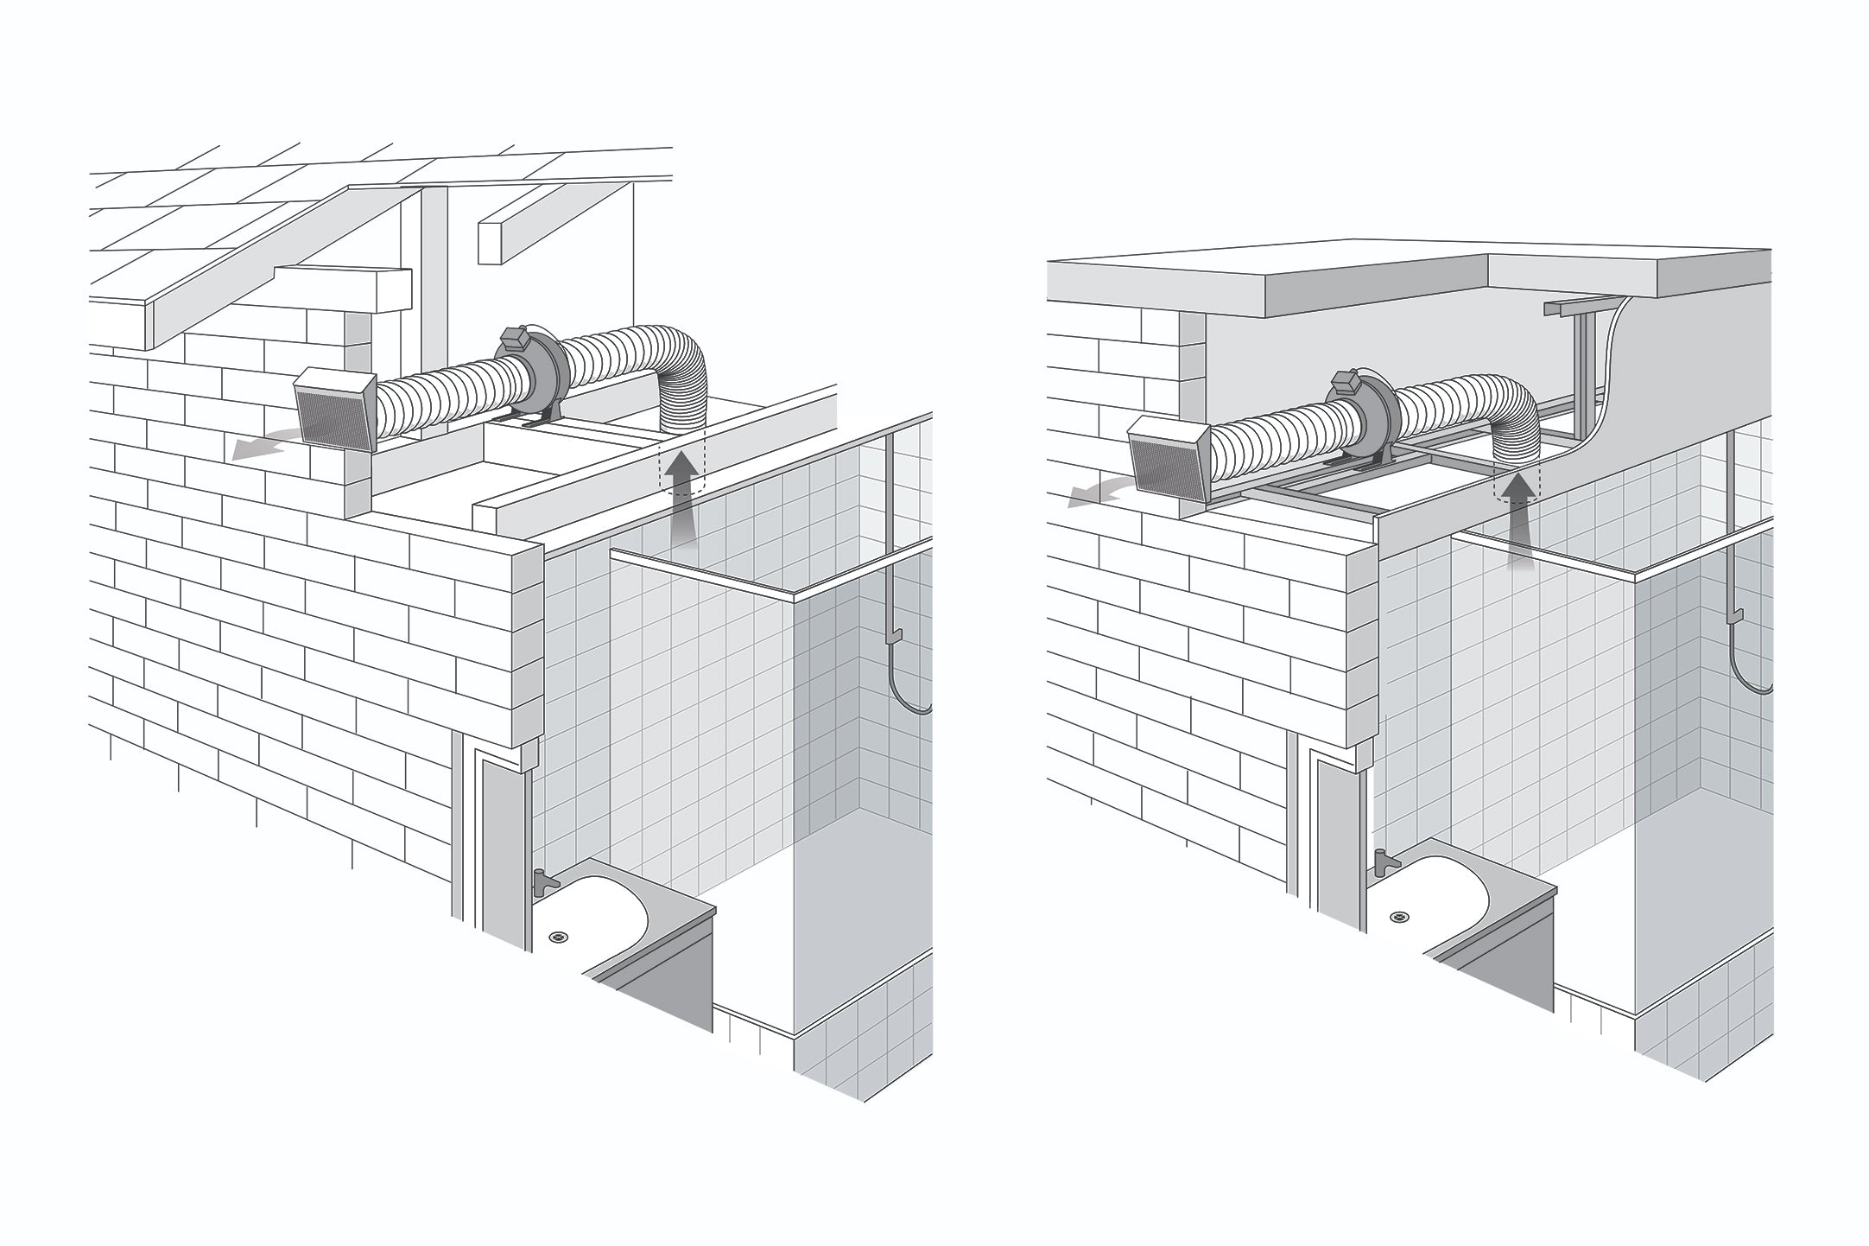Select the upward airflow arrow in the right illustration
click(1518, 526)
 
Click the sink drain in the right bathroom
click(1397, 916)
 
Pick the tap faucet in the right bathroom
click(1380, 860)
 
